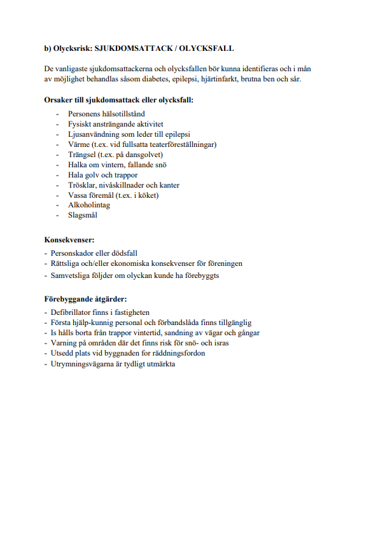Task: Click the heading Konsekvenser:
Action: pos(69,240)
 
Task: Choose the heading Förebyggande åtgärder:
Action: pos(85,299)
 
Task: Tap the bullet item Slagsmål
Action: pos(83,216)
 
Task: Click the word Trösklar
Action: pos(81,185)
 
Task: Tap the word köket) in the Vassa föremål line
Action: pos(146,195)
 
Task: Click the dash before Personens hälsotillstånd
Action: pos(57,114)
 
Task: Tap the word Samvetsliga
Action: pos(71,275)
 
